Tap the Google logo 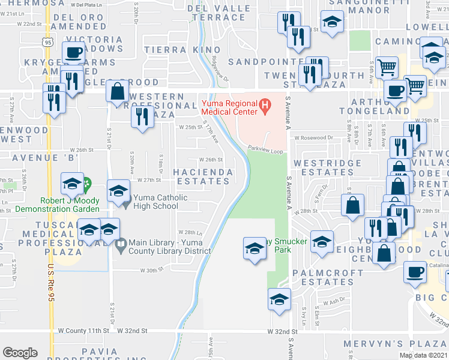tap(20, 353)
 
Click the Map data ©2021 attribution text tap(424, 355)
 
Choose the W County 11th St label tap(83, 331)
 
